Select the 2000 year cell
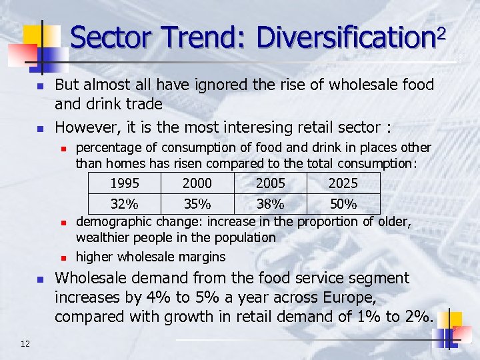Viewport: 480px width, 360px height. [x=197, y=183]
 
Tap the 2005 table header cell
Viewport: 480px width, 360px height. [x=270, y=183]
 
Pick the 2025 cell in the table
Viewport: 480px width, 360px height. [x=343, y=183]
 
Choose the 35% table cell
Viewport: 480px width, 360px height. [x=197, y=203]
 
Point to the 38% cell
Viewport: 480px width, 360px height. [x=270, y=203]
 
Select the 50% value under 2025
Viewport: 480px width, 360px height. [x=343, y=203]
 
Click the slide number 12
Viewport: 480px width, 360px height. [x=25, y=343]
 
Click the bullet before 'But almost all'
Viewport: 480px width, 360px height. [x=39, y=87]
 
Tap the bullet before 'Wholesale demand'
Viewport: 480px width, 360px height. [x=39, y=280]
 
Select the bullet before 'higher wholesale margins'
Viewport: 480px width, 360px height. [x=61, y=257]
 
